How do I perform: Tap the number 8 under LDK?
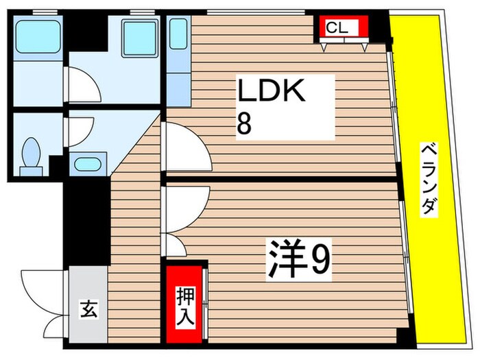(x=244, y=123)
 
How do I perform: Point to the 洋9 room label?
(x=300, y=259)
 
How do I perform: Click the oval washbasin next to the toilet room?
(x=86, y=165)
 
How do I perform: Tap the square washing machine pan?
(x=140, y=37)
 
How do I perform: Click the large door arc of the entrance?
(x=43, y=288)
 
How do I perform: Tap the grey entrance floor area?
(x=88, y=302)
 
